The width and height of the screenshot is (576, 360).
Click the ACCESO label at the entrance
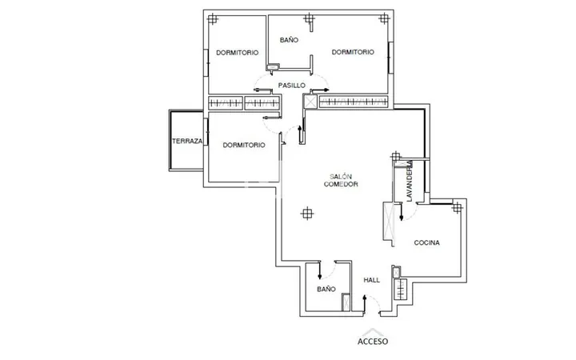tap(373, 342)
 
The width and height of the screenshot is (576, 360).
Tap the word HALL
tap(371, 280)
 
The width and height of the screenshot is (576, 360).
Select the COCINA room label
tap(426, 242)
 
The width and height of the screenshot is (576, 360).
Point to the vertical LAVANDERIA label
tap(410, 181)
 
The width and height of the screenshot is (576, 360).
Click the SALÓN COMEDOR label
tap(341, 180)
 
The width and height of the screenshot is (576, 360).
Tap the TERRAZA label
tap(187, 141)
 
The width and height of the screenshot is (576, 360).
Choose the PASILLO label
tap(291, 86)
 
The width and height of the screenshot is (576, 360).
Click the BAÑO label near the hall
tap(326, 289)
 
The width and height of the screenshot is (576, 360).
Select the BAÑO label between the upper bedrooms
tap(289, 40)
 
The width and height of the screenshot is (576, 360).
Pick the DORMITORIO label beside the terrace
tap(243, 145)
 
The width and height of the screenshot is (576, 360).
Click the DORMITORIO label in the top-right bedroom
tap(353, 52)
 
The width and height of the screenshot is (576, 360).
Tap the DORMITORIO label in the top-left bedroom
tap(237, 53)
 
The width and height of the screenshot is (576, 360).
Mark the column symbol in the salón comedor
tap(307, 213)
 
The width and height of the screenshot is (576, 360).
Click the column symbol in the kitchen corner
tap(457, 208)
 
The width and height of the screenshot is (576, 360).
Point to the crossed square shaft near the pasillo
tap(310, 102)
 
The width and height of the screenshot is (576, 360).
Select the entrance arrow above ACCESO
tap(373, 332)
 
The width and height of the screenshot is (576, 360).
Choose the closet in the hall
tap(401, 290)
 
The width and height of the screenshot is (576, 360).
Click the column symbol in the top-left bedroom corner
tap(212, 19)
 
